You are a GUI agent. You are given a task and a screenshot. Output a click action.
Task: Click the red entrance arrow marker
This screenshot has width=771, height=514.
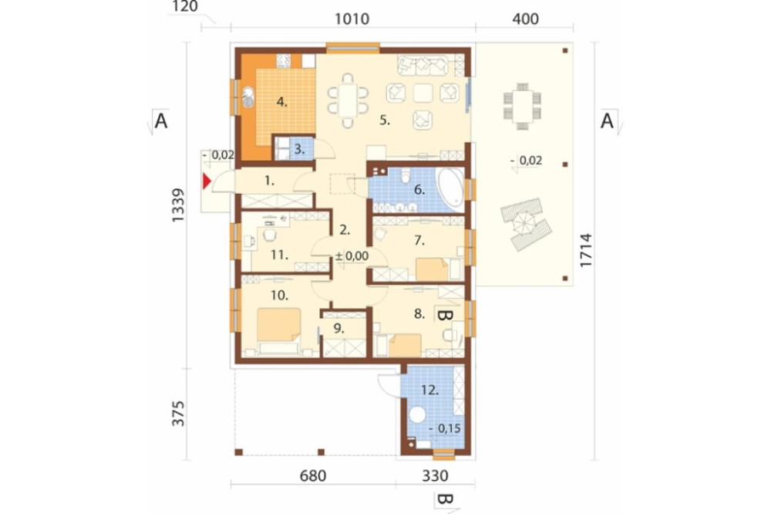coord(207,181)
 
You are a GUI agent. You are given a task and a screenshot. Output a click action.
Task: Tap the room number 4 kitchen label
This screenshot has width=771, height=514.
coord(281,103)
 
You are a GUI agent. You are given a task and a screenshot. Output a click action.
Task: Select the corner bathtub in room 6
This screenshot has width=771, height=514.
coord(450,190)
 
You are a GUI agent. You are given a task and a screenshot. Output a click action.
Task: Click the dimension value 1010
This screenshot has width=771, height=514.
coord(352,19)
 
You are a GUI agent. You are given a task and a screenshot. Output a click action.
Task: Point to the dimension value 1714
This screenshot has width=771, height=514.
coord(586,250)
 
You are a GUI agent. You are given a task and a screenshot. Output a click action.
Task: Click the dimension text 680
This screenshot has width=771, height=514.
coord(313,475)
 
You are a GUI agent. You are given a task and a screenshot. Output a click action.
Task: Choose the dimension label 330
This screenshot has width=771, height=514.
coord(435,475)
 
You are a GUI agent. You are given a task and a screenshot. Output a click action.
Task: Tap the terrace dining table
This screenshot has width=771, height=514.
coord(522,107)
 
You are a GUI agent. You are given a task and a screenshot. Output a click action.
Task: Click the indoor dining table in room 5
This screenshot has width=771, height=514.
coord(348,100)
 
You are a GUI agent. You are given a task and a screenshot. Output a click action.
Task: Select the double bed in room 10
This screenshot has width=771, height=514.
coord(278,331)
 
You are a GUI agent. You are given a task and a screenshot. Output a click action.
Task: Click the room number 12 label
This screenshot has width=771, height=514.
coord(429,390)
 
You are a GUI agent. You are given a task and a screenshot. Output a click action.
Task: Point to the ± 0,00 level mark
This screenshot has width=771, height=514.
coord(352,256)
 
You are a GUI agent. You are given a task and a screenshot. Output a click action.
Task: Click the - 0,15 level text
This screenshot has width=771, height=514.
coord(445,429)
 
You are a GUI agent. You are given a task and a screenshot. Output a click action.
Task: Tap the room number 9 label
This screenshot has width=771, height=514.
coord(338,328)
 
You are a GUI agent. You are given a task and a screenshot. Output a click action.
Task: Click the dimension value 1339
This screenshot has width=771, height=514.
coord(178,205)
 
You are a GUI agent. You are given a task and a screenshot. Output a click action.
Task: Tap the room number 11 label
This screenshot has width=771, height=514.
coord(279,255)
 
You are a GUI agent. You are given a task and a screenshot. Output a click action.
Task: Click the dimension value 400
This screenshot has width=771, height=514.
coord(525,19)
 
